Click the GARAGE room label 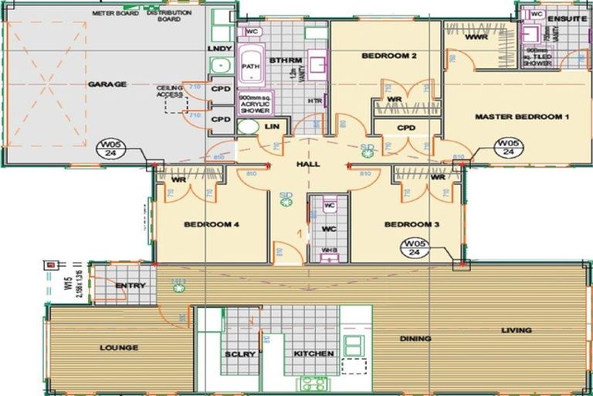[107, 84]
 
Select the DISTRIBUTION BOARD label [163, 15]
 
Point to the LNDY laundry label [220, 49]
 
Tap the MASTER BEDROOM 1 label [522, 117]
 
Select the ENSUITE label [568, 18]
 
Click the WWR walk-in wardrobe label [476, 36]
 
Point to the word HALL [308, 164]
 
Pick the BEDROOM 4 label [211, 224]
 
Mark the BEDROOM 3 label [412, 224]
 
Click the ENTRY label [130, 285]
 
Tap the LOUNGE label [119, 348]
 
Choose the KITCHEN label [313, 353]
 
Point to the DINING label [415, 339]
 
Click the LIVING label [516, 330]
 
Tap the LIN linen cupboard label [271, 125]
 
